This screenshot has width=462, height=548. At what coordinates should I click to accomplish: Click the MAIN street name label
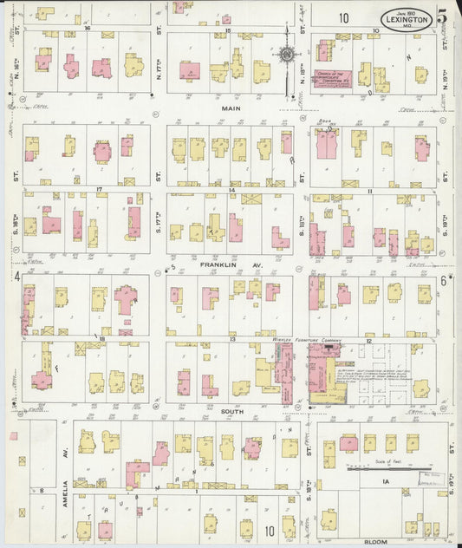[x=231, y=108]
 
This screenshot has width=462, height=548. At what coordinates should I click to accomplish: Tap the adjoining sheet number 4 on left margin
[x=16, y=277]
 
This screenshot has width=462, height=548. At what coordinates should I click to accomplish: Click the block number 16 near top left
[x=88, y=29]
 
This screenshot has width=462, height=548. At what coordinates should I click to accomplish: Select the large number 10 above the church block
[x=344, y=16]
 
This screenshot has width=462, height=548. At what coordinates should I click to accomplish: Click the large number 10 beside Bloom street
[x=269, y=531]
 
